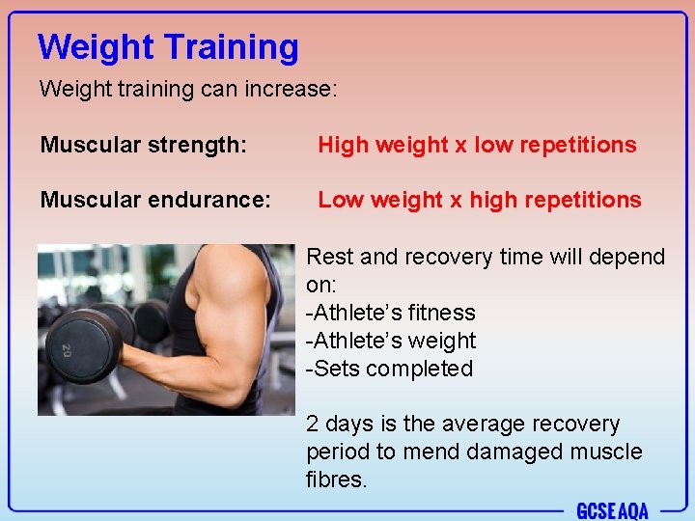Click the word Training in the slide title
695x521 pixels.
232,46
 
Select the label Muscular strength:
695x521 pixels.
144,145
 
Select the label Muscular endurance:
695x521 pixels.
155,200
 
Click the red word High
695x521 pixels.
344,145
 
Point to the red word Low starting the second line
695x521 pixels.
342,200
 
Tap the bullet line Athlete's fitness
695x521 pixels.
391,313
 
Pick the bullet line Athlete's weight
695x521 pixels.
391,341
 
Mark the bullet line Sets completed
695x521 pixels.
389,369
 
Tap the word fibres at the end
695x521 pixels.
337,480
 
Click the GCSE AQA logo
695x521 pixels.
612,509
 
